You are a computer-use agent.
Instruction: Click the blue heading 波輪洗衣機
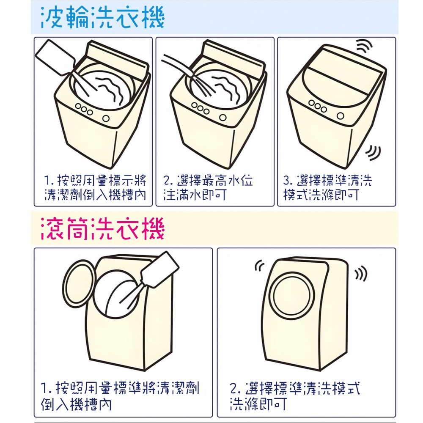(x=102, y=17)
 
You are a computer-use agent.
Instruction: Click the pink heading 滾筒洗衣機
(x=102, y=229)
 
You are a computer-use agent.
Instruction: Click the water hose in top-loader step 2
(x=177, y=65)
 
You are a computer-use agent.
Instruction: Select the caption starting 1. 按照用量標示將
(x=95, y=187)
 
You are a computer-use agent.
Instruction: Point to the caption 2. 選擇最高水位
(x=208, y=187)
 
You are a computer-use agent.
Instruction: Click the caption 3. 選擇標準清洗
(x=327, y=187)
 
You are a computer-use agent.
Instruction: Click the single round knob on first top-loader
(x=106, y=118)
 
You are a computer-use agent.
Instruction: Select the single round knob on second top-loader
(x=223, y=117)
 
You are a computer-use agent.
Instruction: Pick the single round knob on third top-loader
(x=341, y=116)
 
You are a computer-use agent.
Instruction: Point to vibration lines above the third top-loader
(x=364, y=46)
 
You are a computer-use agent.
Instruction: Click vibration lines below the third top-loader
(x=374, y=152)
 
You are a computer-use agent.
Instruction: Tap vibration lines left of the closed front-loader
(x=259, y=265)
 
